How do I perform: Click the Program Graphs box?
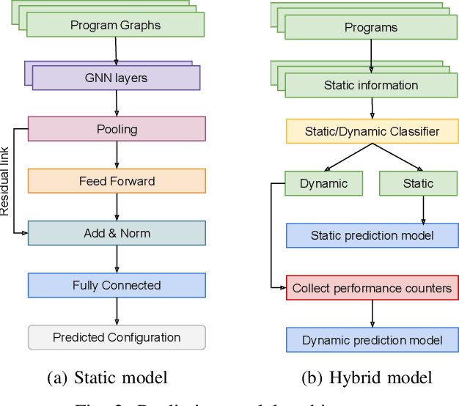(x=115, y=25)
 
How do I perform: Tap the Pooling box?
(x=117, y=129)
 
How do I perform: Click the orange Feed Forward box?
(x=117, y=181)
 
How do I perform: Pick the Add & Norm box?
(x=117, y=233)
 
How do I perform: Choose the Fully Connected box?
(x=117, y=285)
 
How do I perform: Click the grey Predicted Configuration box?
(x=117, y=337)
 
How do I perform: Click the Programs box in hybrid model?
(x=371, y=28)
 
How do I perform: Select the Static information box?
(x=371, y=85)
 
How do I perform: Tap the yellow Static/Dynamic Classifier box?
(x=372, y=132)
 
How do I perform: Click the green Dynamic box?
(x=323, y=183)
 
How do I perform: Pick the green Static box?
(x=418, y=183)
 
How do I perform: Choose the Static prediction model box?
(x=372, y=235)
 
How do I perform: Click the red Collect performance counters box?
(x=372, y=288)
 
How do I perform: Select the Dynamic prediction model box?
(x=372, y=340)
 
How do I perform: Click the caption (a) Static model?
(x=107, y=378)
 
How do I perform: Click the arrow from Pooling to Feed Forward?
(x=117, y=155)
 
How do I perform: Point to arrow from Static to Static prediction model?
(x=424, y=210)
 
